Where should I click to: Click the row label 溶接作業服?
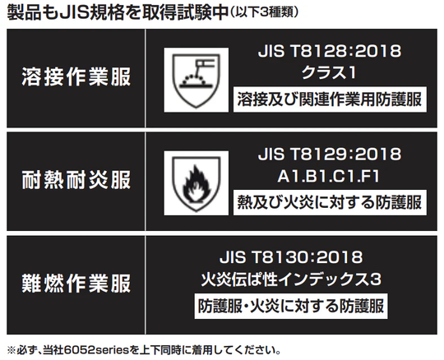76,76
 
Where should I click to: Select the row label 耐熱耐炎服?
76,180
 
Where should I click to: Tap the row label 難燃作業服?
76,284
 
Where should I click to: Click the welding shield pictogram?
197,80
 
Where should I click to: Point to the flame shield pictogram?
197,183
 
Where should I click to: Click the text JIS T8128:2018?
330,51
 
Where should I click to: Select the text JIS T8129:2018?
330,155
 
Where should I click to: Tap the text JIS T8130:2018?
291,257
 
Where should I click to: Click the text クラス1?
329,72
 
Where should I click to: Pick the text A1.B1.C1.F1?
328,177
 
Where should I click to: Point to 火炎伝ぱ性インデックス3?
291,279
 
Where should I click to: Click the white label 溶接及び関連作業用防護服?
330,99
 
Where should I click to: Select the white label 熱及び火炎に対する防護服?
330,203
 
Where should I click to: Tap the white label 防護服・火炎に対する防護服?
291,307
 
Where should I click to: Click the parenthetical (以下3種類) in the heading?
263,12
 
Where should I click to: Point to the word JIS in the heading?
74,12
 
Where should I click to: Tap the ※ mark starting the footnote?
11,351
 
